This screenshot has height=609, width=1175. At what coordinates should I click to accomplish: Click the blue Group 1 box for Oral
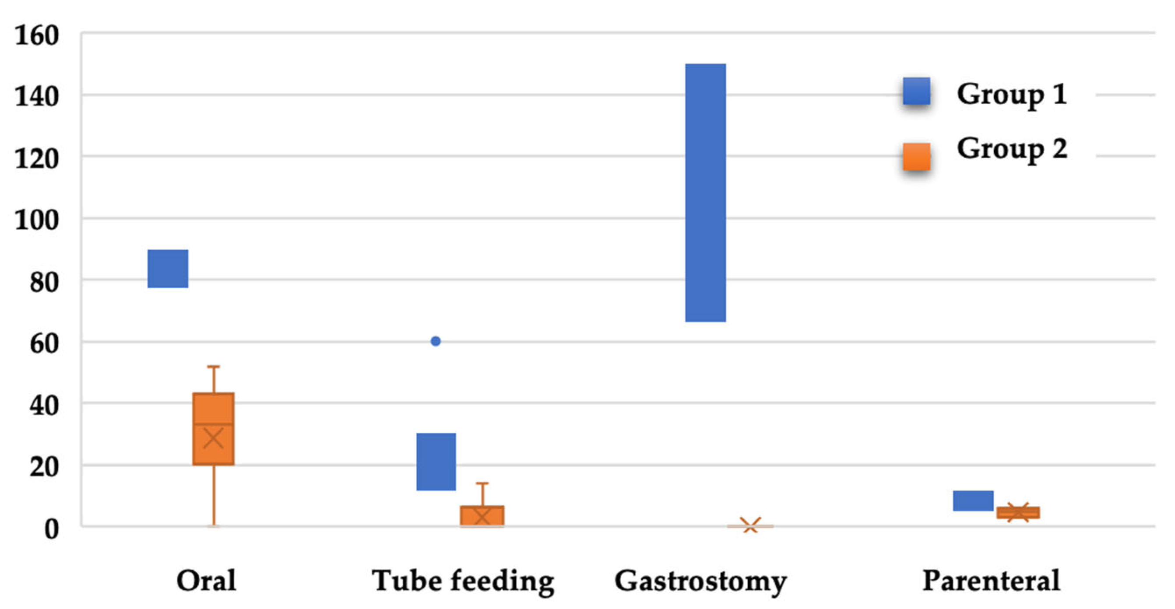168,269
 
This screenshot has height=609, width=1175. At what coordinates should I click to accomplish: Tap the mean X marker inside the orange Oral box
213,438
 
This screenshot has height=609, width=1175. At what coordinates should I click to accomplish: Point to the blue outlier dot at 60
436,341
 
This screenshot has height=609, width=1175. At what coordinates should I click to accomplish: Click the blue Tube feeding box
436,461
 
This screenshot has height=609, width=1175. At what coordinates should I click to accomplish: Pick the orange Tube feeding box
482,516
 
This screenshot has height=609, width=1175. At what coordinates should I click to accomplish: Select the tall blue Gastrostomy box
705,193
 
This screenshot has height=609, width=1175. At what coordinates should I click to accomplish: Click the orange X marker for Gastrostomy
750,525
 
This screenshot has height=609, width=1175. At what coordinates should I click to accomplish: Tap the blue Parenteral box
973,500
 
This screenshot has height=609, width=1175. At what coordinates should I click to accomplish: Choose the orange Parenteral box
1018,512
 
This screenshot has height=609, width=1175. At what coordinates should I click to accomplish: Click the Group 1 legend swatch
917,91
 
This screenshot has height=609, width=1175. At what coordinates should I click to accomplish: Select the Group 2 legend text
1012,149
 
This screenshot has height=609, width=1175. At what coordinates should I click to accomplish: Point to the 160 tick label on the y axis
36,35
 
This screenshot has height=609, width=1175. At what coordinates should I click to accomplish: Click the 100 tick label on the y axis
36,220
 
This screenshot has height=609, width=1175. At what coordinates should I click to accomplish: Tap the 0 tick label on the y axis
51,529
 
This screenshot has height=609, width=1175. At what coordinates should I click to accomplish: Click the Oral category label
206,580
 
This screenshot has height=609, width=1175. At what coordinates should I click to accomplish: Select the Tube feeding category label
463,581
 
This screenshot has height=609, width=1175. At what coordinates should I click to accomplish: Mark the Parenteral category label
991,580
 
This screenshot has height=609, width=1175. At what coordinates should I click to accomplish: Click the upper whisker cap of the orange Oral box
214,367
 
